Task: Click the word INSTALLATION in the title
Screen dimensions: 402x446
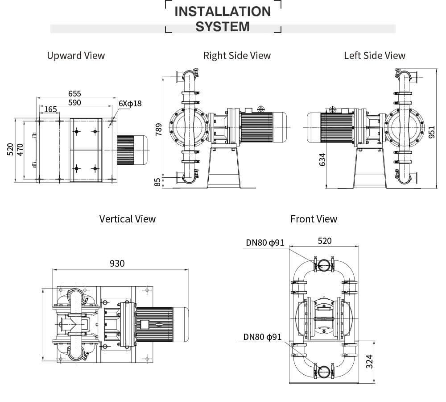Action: click(223, 11)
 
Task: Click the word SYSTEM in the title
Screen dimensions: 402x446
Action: click(223, 27)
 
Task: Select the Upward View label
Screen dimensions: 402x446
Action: click(76, 55)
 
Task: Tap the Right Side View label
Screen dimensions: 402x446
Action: click(237, 55)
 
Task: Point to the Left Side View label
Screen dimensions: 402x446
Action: click(375, 55)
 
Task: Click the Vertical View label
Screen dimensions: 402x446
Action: click(128, 219)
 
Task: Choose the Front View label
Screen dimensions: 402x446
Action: click(314, 219)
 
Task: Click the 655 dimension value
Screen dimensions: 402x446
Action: click(74, 93)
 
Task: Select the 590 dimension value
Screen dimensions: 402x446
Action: click(74, 103)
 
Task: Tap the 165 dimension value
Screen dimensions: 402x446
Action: click(50, 109)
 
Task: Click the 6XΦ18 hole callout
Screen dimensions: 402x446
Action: click(130, 104)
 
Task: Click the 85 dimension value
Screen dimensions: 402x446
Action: click(157, 182)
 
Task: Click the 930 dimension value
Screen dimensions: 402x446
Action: click(117, 263)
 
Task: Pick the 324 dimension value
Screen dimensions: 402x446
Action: click(369, 361)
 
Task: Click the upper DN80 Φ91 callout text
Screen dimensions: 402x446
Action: click(265, 243)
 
